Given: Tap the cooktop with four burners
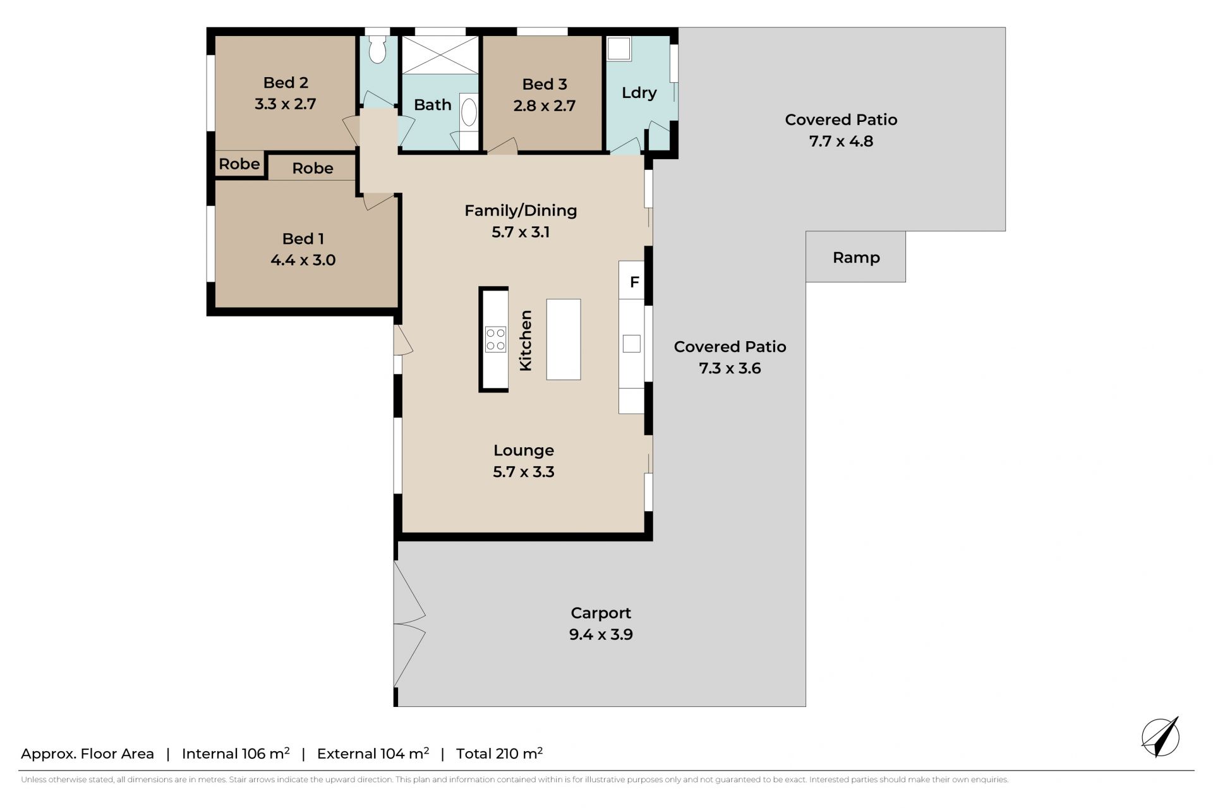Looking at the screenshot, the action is coord(495,339).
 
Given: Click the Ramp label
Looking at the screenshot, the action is coord(856,258).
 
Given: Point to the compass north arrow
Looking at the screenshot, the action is coord(1161,737).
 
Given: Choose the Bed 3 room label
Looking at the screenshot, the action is coord(545,84).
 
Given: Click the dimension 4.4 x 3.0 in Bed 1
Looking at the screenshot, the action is coord(303,260).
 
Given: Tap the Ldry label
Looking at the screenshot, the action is coord(639,93).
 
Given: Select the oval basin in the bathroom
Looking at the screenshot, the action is coord(469,112).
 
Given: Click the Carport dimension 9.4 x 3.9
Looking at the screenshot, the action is coord(601,634).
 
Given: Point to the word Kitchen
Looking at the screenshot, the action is coord(526,341).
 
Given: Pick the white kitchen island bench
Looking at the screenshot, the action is coord(564,339).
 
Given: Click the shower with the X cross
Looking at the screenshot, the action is coord(440,55).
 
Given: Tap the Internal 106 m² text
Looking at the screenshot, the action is coord(236,753).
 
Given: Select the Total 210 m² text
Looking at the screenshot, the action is coord(499,753).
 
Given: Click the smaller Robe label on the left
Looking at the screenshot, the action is coord(239,164).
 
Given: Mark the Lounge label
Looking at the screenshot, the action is coord(524,450).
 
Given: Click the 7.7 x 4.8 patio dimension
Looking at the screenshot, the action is coord(841,141).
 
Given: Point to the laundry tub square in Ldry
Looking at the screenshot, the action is coord(619,48).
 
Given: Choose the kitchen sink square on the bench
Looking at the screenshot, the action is coord(632,344).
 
